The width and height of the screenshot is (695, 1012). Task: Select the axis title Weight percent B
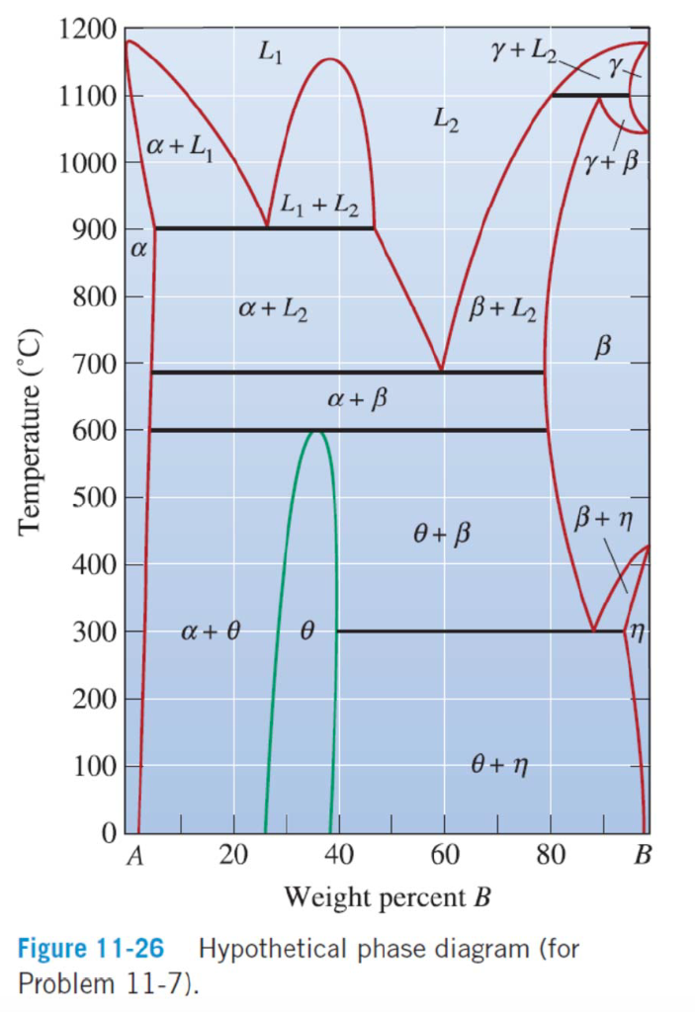387,897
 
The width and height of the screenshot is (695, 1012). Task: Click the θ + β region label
439,535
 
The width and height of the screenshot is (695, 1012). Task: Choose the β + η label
602,517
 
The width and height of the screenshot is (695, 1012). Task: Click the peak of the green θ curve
316,431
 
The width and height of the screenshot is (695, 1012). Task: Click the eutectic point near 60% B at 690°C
442,371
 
